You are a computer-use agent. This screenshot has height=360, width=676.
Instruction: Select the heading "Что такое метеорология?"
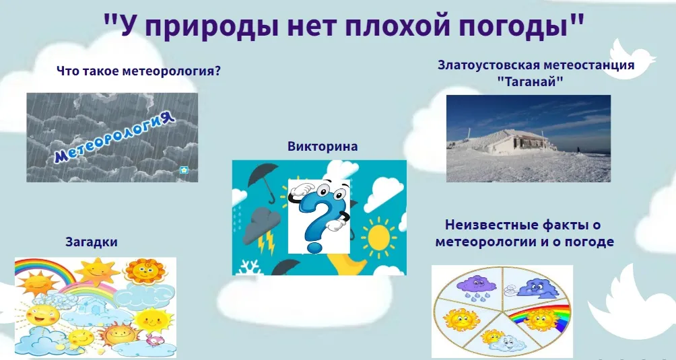click(x=139, y=71)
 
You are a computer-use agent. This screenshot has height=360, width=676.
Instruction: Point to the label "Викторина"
click(x=323, y=147)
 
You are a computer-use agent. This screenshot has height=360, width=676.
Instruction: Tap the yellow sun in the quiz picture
click(x=378, y=237)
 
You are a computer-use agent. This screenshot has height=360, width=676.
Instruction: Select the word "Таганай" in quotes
click(x=531, y=82)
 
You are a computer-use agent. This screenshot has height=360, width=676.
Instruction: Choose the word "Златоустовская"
click(x=489, y=65)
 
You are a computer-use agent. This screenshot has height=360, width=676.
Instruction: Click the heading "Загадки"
click(x=92, y=242)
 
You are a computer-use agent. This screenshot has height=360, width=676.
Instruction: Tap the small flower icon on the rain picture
click(x=184, y=170)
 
